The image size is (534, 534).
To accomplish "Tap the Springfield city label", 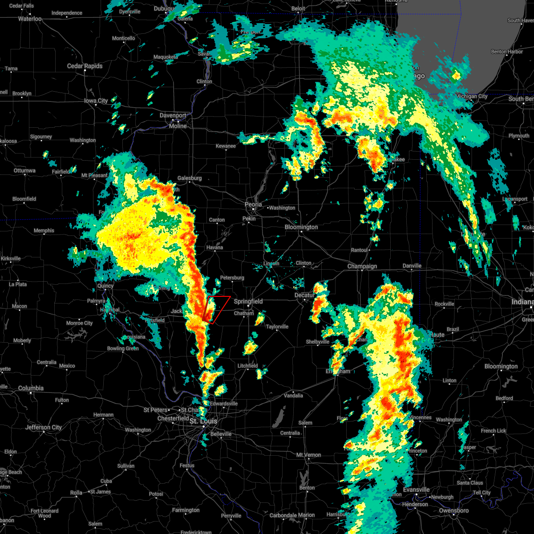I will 248,302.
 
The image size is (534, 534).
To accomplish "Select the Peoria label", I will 253,205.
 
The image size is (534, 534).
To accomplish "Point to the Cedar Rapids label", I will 85,66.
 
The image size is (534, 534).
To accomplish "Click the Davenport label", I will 173,116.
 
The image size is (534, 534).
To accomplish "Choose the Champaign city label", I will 362,267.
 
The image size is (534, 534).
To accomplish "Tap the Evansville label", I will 416,490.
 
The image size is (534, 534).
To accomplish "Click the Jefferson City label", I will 44,428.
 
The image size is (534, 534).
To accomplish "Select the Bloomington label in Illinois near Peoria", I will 301,227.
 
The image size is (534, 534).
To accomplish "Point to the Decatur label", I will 304,295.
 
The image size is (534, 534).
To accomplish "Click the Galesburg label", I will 190,178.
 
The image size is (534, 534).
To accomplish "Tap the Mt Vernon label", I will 308,455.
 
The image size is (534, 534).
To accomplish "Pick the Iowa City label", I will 96,101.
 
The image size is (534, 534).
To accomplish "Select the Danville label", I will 412,266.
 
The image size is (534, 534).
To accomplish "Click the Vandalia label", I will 293,396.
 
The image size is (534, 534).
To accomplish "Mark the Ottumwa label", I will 24,171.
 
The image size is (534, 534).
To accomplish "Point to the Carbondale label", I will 283,516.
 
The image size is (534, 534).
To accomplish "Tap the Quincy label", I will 105,286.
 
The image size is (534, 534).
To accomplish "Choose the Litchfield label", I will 247,366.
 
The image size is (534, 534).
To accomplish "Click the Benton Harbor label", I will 507,52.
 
